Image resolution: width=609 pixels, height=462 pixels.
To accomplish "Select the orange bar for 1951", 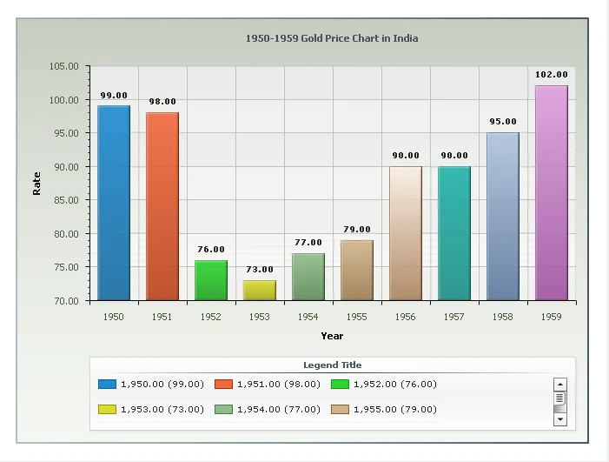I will click(162, 206).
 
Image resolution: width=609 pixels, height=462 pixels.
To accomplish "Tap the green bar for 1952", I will click(211, 280).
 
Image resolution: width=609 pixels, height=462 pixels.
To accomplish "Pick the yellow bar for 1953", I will click(260, 291).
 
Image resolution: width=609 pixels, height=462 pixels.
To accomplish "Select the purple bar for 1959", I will click(552, 193).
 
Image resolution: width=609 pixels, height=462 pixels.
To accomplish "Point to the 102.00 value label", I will click(552, 75).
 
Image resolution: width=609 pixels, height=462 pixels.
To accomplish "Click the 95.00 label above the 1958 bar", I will click(503, 122).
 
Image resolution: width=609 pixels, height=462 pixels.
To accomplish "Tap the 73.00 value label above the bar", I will click(260, 270).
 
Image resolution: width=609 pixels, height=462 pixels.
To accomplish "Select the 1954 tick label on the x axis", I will click(308, 318).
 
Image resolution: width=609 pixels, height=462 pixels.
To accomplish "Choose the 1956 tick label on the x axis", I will click(406, 318).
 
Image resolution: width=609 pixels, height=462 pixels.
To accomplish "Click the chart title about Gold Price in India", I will click(332, 38).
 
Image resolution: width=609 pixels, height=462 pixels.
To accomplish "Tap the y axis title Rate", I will click(36, 183).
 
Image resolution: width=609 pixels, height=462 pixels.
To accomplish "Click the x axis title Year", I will click(332, 336).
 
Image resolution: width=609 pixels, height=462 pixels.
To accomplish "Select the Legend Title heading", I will click(332, 365).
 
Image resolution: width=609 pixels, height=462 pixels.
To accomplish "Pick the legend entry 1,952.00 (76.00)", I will click(385, 384).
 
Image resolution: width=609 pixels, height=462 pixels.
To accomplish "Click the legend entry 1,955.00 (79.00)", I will click(385, 409).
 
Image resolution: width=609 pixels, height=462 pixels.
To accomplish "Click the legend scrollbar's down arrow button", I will click(560, 418).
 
